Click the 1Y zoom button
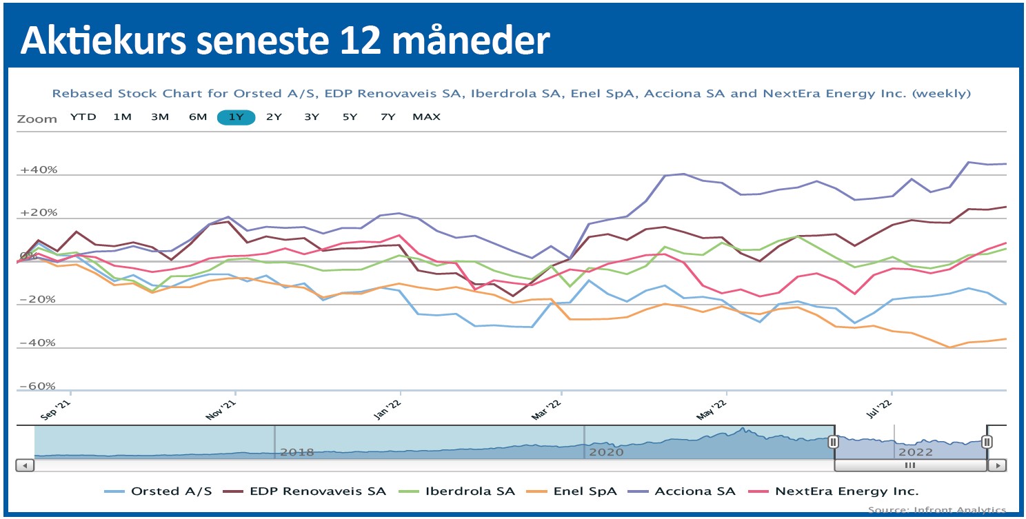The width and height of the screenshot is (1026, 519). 236,117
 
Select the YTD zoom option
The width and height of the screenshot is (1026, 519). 83,117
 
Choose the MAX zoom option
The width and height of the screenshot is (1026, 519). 426,117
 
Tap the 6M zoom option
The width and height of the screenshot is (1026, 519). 198,117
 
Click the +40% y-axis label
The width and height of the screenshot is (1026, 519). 38,170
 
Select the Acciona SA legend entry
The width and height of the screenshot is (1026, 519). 695,491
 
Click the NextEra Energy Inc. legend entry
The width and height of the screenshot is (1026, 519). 847,491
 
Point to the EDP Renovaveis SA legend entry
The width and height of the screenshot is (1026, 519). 318,491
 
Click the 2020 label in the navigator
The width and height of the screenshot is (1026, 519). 607,452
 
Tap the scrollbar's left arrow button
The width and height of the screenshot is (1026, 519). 25,465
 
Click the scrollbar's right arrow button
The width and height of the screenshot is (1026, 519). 996,465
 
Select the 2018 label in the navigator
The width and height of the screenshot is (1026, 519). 297,452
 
